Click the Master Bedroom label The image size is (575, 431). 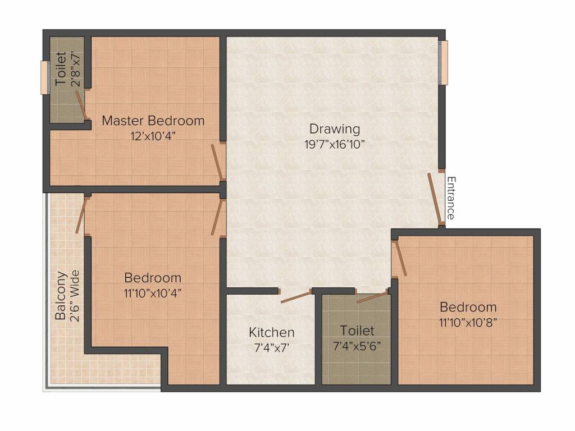click(153, 121)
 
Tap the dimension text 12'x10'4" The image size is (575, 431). click(153, 135)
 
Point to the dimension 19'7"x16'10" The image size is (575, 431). click(335, 144)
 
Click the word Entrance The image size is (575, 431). click(450, 198)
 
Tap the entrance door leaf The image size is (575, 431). click(435, 198)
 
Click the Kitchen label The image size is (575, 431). click(271, 332)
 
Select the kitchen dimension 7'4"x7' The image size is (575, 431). click(271, 347)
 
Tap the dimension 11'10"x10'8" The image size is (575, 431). click(468, 322)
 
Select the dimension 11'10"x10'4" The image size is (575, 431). click(153, 292)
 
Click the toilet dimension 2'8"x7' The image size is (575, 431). click(75, 69)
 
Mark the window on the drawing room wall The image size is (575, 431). click(444, 62)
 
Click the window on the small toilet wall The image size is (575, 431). click(44, 77)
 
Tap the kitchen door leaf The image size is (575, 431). click(296, 297)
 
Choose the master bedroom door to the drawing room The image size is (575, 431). click(216, 160)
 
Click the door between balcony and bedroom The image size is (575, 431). click(81, 215)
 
